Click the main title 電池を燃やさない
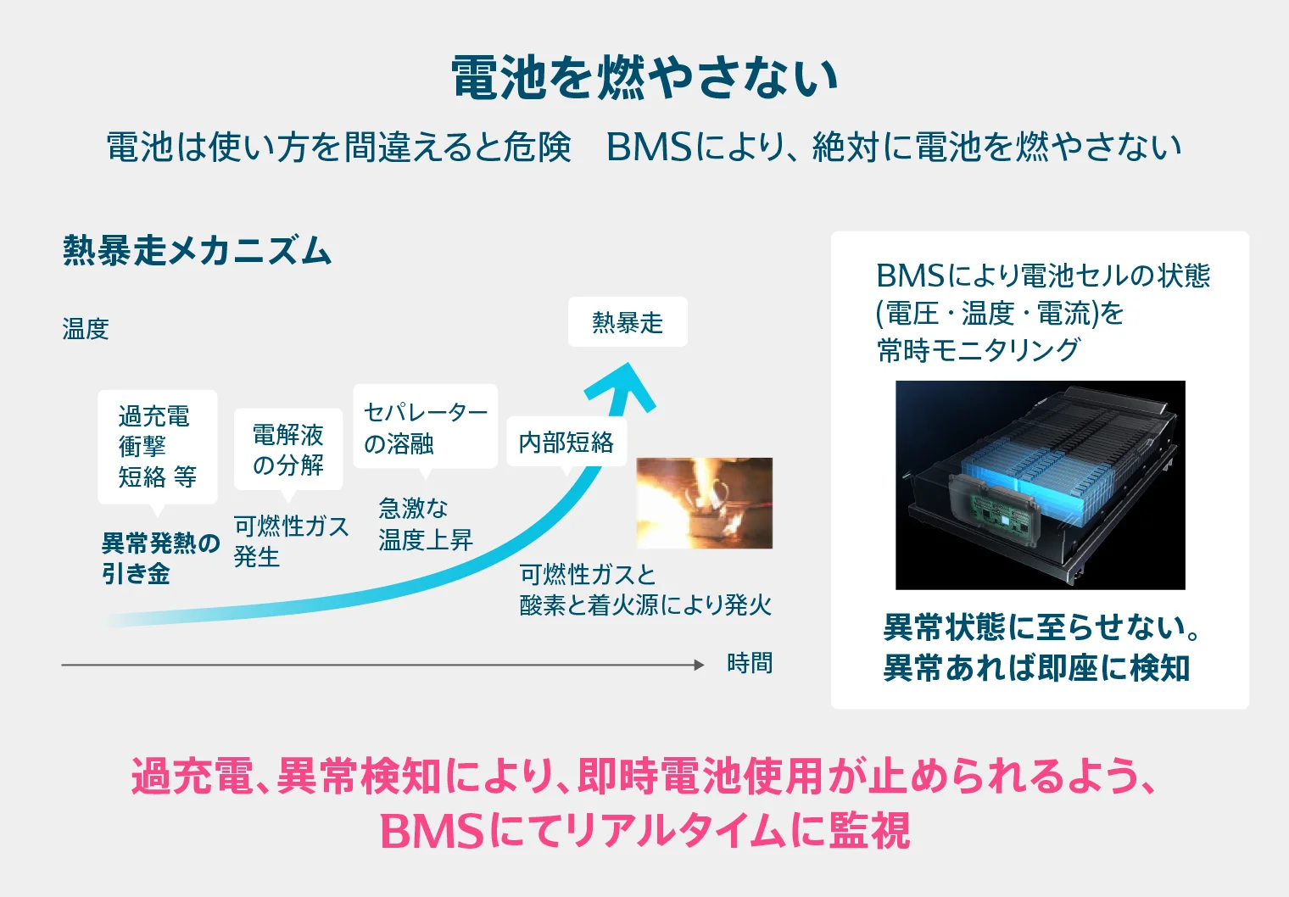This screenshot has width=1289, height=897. point(644,77)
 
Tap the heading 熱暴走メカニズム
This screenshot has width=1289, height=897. point(197,251)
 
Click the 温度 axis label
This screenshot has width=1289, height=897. point(86,329)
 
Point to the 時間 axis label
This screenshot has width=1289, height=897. point(750,663)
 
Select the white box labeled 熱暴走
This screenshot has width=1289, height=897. point(628,322)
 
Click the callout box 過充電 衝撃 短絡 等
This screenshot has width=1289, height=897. point(158,447)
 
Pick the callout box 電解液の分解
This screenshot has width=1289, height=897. point(288,449)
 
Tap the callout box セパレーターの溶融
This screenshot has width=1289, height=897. point(425,426)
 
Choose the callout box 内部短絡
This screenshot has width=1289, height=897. point(566,442)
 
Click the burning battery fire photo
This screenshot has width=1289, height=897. point(704,503)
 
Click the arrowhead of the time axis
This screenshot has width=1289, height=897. point(700,665)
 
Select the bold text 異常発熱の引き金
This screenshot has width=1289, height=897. point(159,558)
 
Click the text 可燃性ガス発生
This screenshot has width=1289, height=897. point(291,541)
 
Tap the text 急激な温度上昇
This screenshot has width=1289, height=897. point(425,524)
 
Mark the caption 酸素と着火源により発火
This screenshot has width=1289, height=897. point(645,604)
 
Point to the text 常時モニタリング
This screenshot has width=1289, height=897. point(979,349)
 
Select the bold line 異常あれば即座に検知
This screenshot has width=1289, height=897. point(1036,668)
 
